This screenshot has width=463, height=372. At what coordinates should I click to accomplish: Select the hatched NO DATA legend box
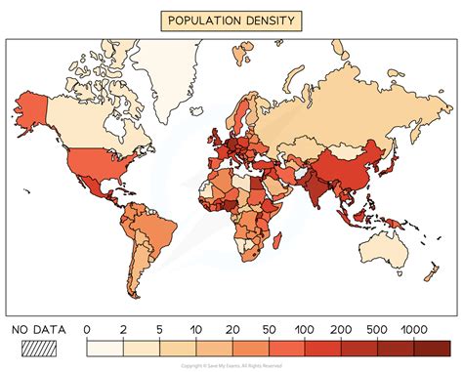36,348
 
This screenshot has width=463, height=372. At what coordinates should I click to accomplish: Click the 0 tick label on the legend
88,330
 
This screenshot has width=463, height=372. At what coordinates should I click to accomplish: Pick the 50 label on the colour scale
270,330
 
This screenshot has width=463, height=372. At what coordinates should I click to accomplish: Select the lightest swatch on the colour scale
105,348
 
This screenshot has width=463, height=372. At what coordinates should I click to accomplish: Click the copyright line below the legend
231,364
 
